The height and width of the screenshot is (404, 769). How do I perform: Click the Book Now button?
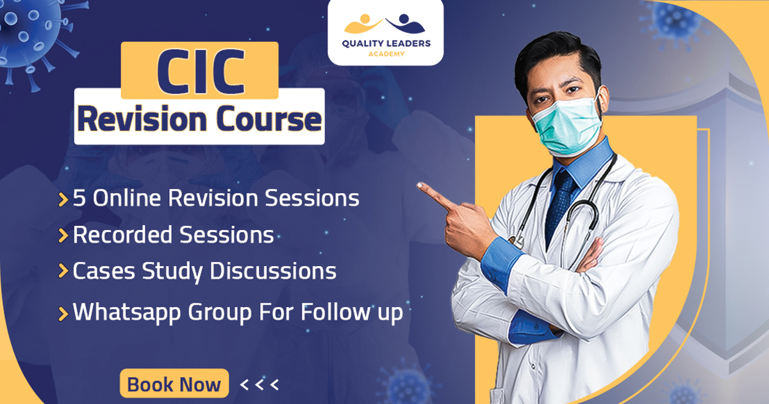click(x=174, y=383)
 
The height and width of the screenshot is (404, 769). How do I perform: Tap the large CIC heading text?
click(x=201, y=71)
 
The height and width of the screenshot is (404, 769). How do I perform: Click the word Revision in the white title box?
click(x=142, y=119)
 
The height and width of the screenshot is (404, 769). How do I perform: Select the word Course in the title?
click(x=269, y=119)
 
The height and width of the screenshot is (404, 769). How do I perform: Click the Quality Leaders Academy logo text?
click(x=386, y=47)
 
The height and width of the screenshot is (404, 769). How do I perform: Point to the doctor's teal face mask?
click(x=567, y=126)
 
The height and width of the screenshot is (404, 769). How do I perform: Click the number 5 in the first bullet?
click(x=79, y=198)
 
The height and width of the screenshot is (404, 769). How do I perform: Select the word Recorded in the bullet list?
click(x=122, y=235)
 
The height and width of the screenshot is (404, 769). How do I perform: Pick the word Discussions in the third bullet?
click(x=273, y=271)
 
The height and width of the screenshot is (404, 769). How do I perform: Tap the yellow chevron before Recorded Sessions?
click(x=63, y=236)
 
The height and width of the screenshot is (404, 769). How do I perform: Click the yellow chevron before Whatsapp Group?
click(x=63, y=314)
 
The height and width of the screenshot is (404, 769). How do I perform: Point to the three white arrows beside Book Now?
click(x=259, y=385)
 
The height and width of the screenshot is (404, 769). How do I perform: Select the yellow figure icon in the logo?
click(x=363, y=24)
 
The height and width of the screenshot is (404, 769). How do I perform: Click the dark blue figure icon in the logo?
click(x=405, y=23)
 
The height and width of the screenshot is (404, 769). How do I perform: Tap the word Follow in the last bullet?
click(x=336, y=312)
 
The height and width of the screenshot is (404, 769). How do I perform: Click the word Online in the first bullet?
click(x=127, y=198)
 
